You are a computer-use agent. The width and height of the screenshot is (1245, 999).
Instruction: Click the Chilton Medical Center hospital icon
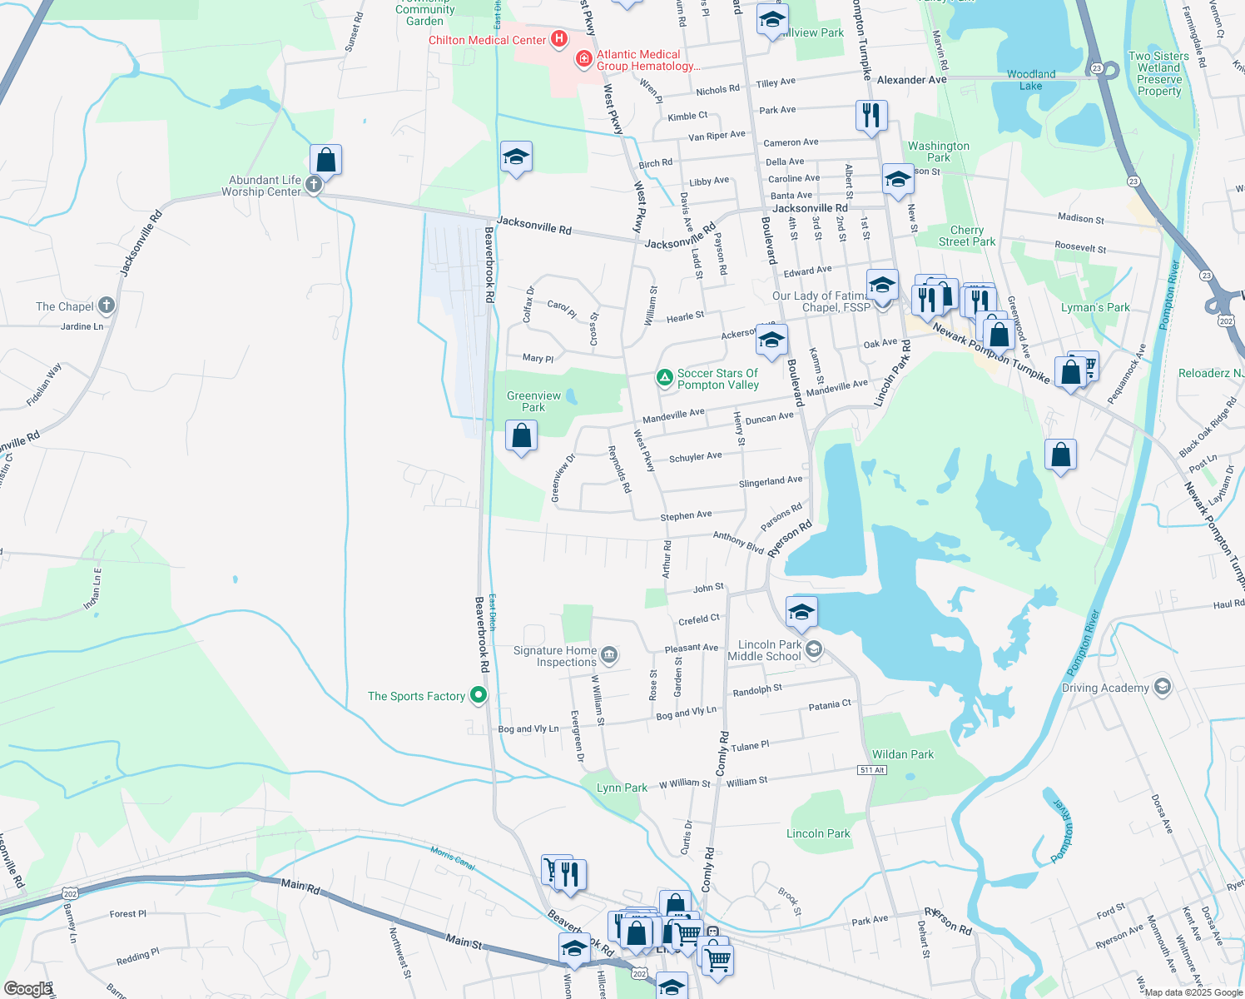point(559,39)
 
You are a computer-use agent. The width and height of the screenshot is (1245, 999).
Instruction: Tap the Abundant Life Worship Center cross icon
point(314,185)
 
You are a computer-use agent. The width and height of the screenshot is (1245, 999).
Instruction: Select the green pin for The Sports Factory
point(479,695)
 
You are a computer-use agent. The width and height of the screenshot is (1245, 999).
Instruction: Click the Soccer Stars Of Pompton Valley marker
point(665,379)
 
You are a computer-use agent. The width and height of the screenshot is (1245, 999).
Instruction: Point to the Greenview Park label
point(533,401)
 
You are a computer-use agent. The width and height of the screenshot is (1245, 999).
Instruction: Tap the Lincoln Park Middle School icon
point(814,649)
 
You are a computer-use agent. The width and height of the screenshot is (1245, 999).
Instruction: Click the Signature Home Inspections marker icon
point(609,656)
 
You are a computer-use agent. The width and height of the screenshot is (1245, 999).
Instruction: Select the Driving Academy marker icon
point(1163,687)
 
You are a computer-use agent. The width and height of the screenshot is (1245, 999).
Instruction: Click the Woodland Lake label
point(1031,80)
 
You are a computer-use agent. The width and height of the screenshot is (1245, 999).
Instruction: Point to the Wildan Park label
point(903,754)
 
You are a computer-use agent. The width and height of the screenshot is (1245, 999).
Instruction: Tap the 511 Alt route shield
point(872,770)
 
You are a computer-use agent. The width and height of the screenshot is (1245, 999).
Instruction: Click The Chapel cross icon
point(107,306)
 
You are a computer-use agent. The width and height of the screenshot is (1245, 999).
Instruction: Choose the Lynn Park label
point(622,788)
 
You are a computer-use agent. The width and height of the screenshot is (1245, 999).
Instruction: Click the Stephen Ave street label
point(686,516)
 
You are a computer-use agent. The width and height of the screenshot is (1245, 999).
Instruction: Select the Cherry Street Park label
point(967,236)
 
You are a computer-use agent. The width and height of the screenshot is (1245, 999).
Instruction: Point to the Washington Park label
point(939,152)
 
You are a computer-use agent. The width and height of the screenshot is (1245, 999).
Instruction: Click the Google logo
point(27,989)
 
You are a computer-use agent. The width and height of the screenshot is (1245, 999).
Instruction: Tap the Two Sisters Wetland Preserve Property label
point(1159,73)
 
